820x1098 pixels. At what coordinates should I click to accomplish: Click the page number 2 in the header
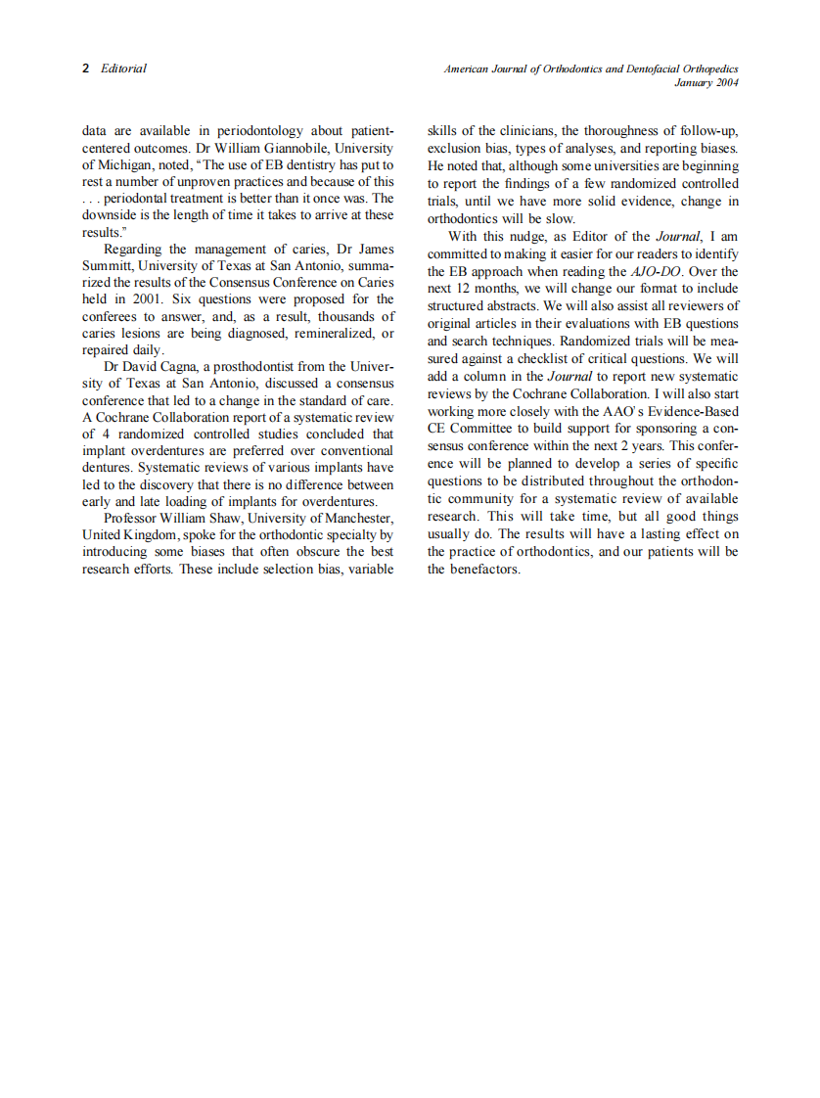tap(86, 69)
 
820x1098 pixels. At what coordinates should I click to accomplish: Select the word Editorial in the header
tap(123, 69)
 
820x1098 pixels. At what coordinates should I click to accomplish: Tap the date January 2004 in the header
tap(706, 83)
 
